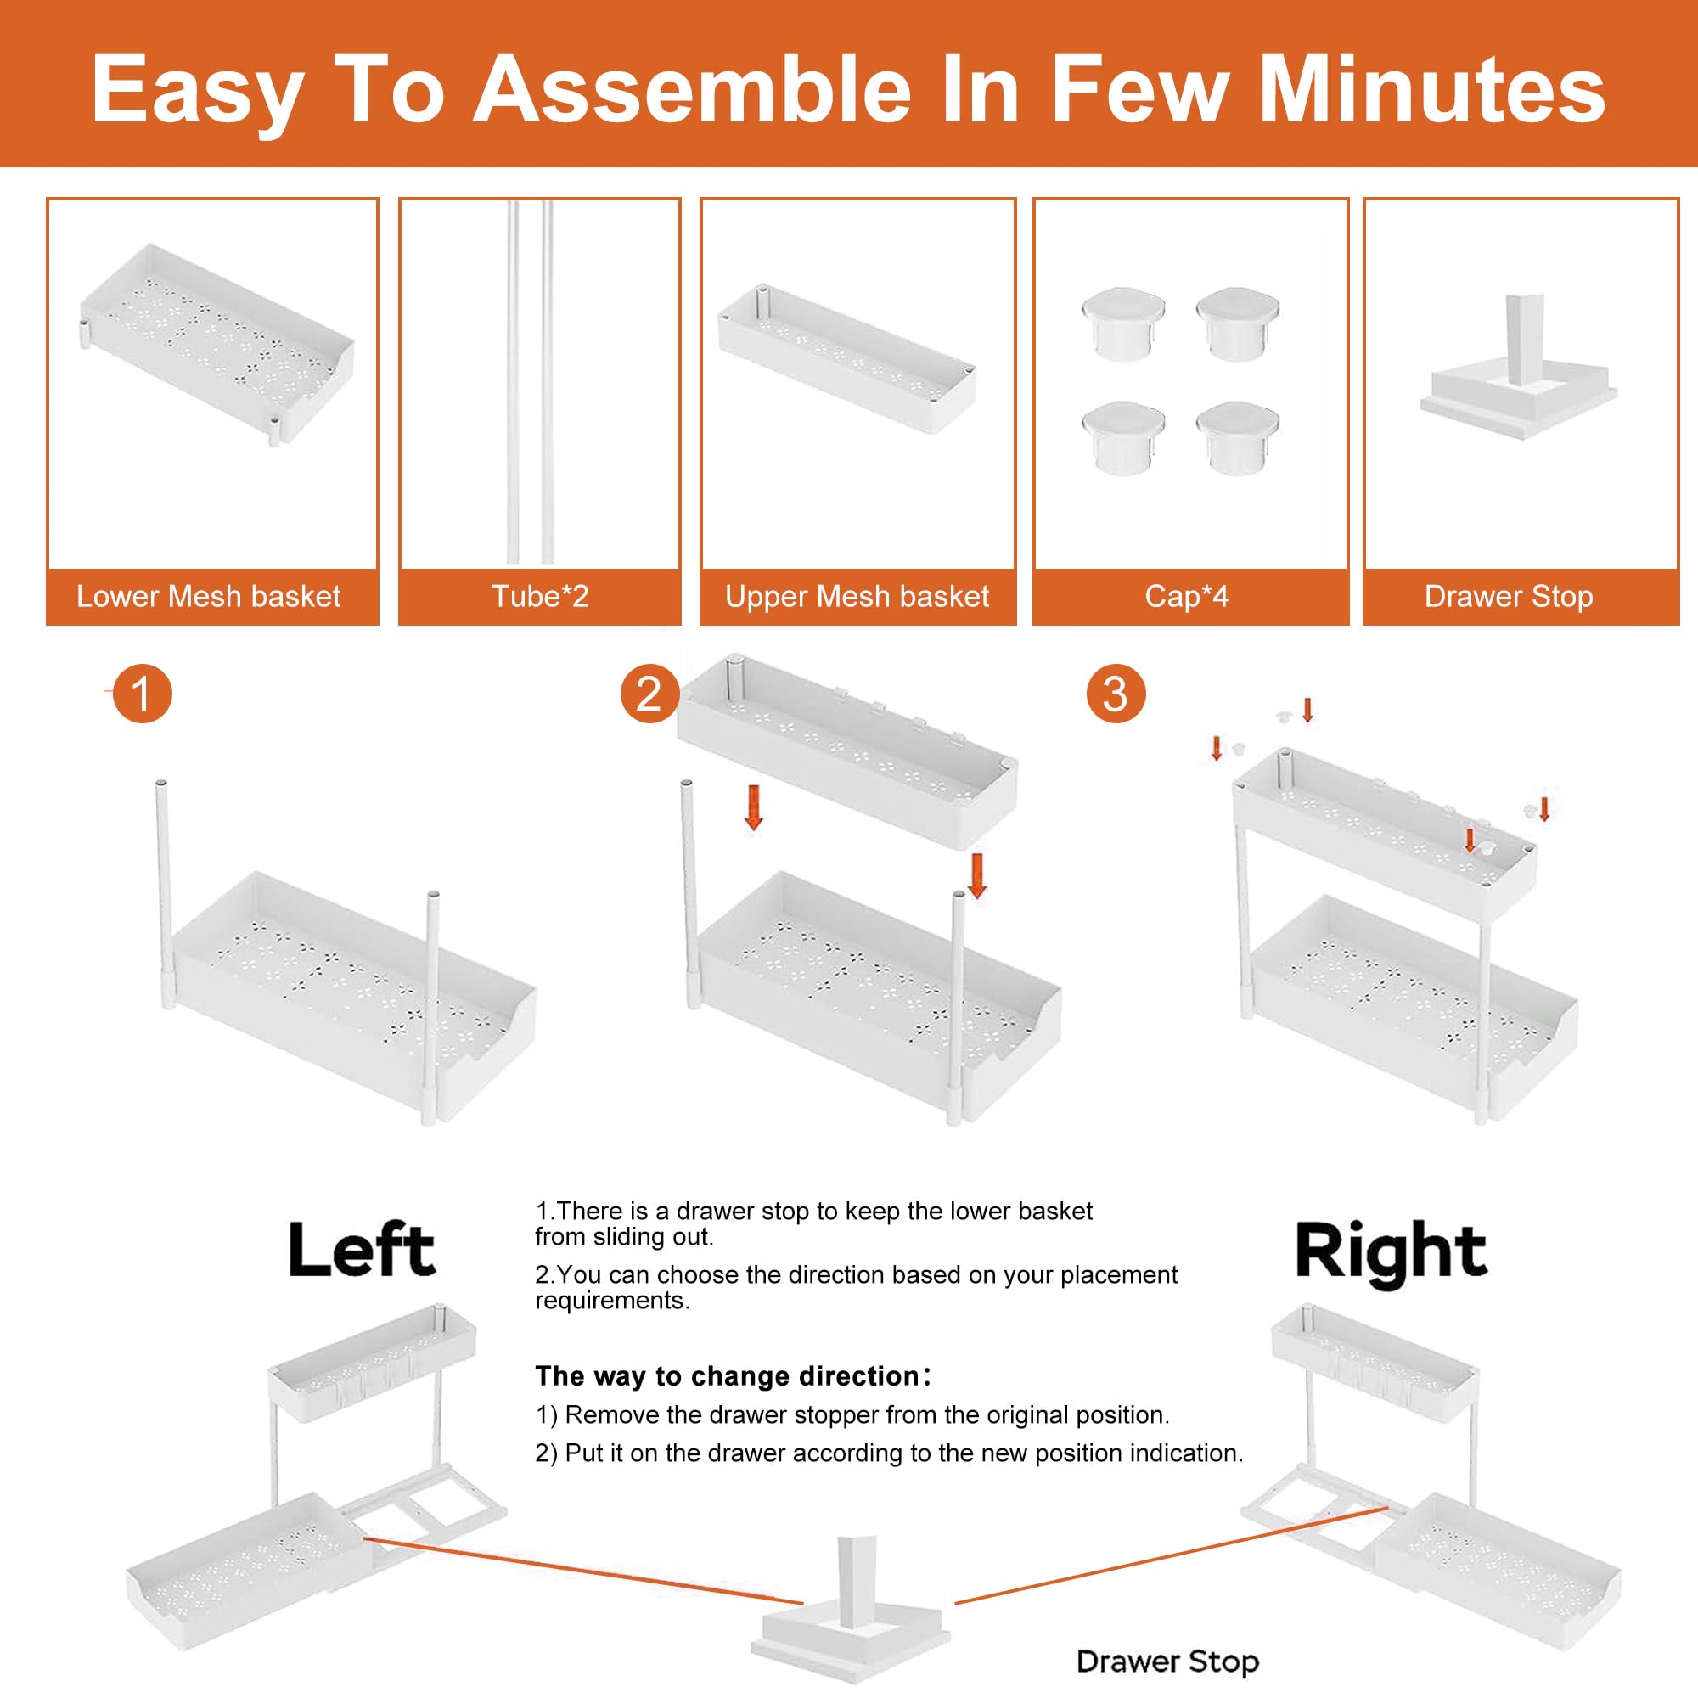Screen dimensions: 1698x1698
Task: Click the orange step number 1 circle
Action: [143, 694]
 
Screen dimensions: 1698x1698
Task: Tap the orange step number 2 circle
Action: [649, 694]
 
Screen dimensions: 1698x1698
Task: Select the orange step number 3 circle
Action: [1116, 694]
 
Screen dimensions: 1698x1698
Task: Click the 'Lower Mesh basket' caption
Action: [208, 597]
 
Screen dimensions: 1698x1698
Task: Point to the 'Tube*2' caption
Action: [540, 597]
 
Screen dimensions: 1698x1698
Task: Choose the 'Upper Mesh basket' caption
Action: [857, 597]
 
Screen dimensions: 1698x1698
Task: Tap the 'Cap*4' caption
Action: [1187, 597]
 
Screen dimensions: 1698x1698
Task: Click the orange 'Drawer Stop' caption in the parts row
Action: [1508, 597]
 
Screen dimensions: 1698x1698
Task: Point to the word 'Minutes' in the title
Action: [1432, 90]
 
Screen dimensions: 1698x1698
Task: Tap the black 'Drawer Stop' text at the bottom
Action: [1168, 1662]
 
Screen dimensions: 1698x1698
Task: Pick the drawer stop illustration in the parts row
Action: [1520, 368]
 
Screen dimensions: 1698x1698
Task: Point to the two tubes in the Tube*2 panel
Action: [530, 382]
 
